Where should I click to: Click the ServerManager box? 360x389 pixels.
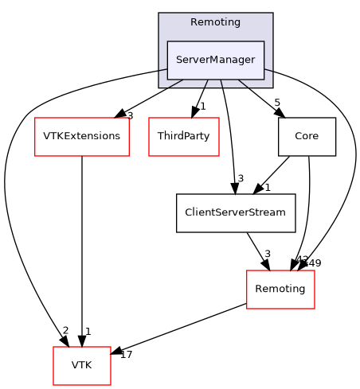pyautogui.click(x=215, y=60)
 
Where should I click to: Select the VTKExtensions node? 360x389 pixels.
pyautogui.click(x=81, y=136)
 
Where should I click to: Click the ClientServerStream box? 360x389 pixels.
pyautogui.click(x=236, y=213)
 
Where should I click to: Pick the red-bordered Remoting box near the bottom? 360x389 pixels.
pyautogui.click(x=280, y=290)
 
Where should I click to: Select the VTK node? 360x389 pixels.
pyautogui.click(x=81, y=366)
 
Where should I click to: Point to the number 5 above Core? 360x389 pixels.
pyautogui.click(x=276, y=102)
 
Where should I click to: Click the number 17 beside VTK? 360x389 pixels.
pyautogui.click(x=126, y=354)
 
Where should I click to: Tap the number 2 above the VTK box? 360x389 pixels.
pyautogui.click(x=65, y=330)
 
